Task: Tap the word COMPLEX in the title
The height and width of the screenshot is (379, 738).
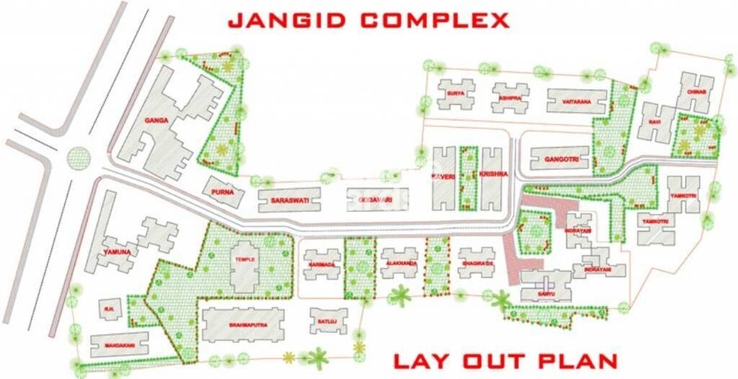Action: (x=428, y=19)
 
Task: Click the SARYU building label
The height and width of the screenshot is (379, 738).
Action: (x=546, y=295)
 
